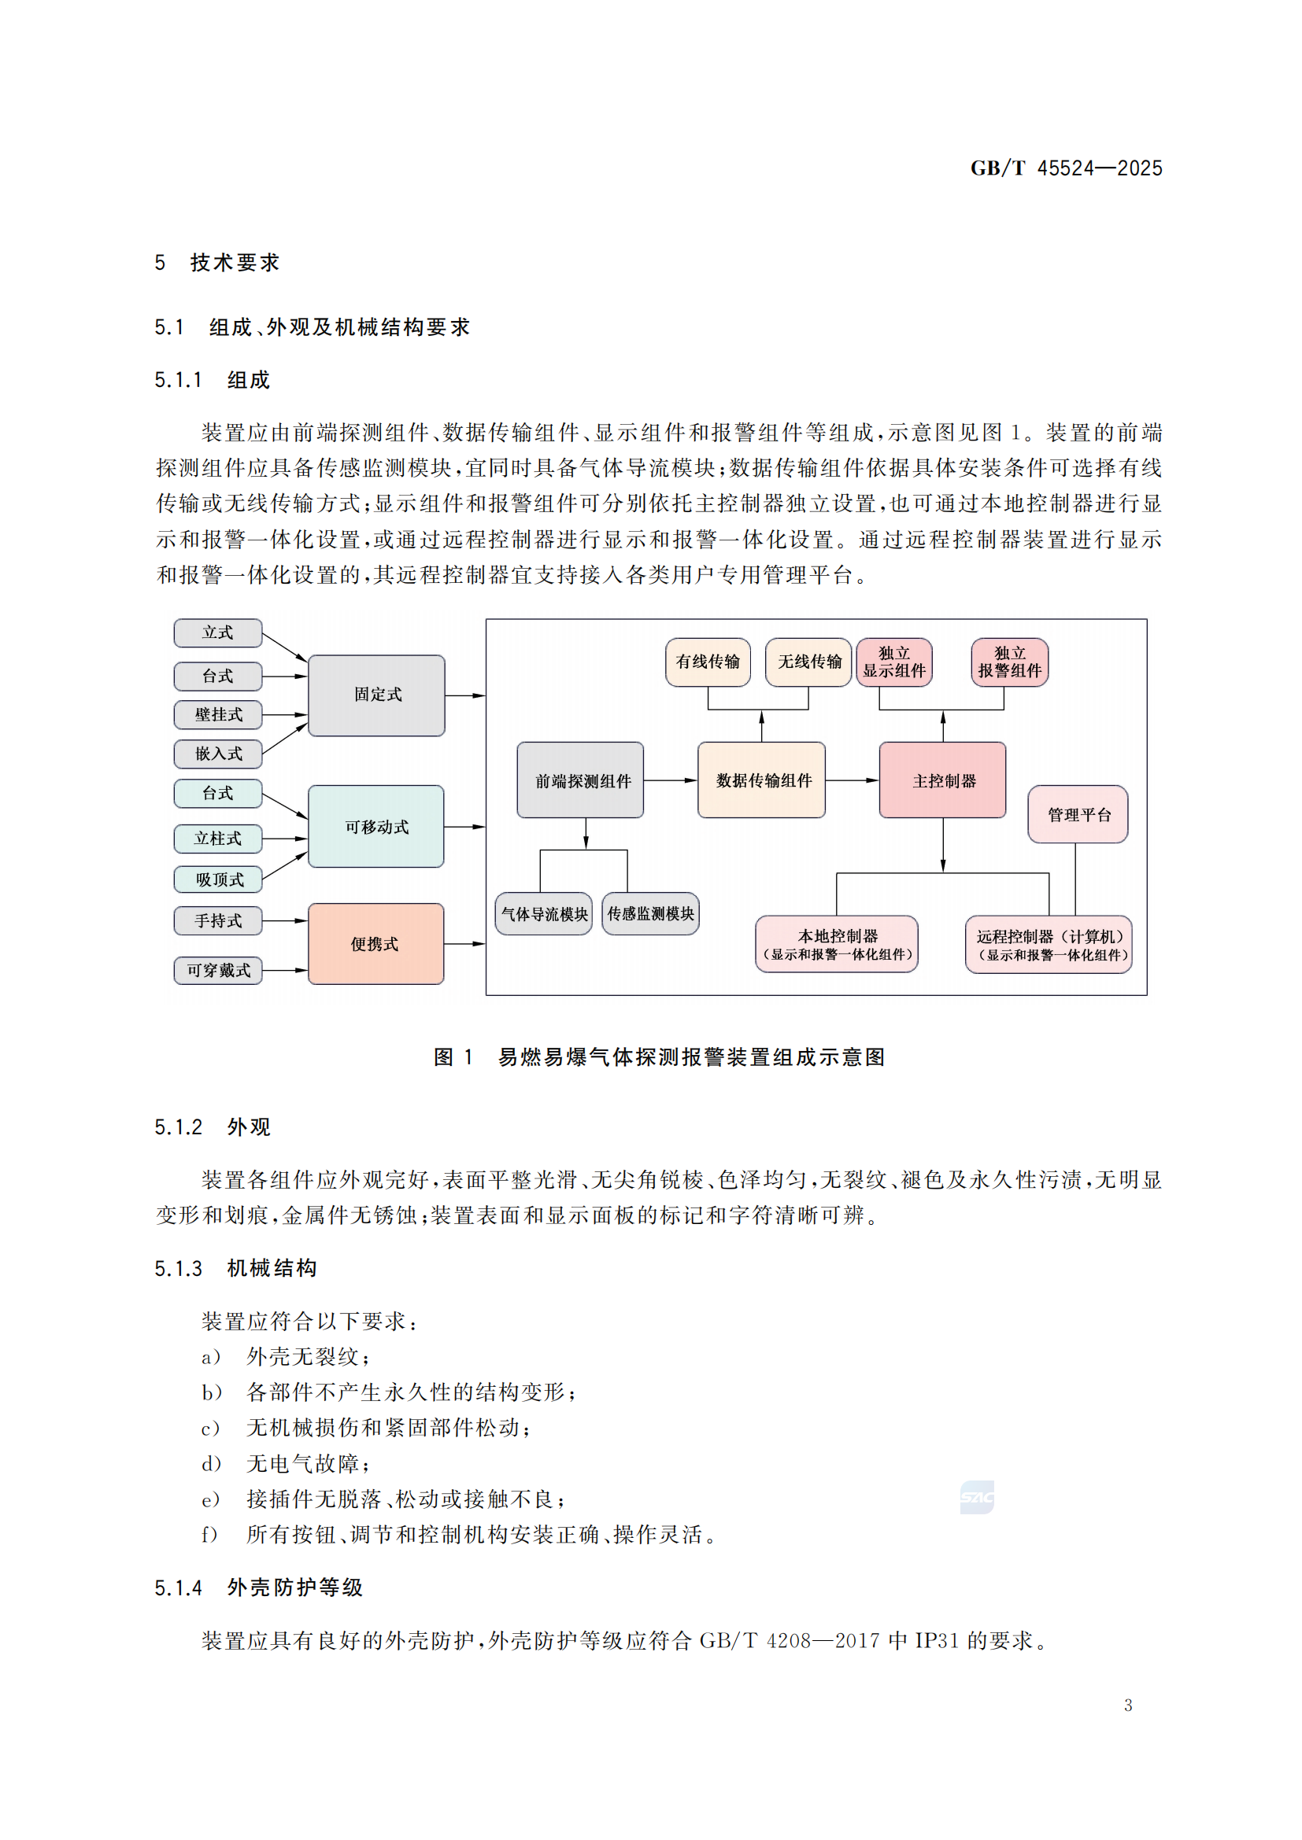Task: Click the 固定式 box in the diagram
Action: click(x=376, y=695)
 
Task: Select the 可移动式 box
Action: click(x=376, y=826)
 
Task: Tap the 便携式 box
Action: click(x=376, y=943)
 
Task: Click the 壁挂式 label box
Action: click(x=218, y=714)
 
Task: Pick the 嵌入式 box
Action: click(x=218, y=754)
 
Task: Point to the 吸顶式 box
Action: click(x=218, y=879)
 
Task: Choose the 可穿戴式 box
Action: click(x=218, y=971)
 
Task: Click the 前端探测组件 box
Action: click(x=580, y=780)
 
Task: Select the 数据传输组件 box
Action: click(x=762, y=780)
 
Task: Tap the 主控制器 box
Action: click(x=943, y=780)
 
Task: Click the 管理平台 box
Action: click(x=1078, y=814)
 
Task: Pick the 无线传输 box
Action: click(x=808, y=662)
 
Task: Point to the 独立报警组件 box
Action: click(x=1009, y=662)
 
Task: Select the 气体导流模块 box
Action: click(x=544, y=913)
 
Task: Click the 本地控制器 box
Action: click(x=837, y=944)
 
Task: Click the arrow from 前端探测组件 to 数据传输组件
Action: click(x=670, y=780)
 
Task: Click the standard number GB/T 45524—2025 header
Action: click(x=1066, y=168)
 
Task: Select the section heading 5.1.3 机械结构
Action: click(x=235, y=1268)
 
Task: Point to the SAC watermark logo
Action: click(x=976, y=1497)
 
